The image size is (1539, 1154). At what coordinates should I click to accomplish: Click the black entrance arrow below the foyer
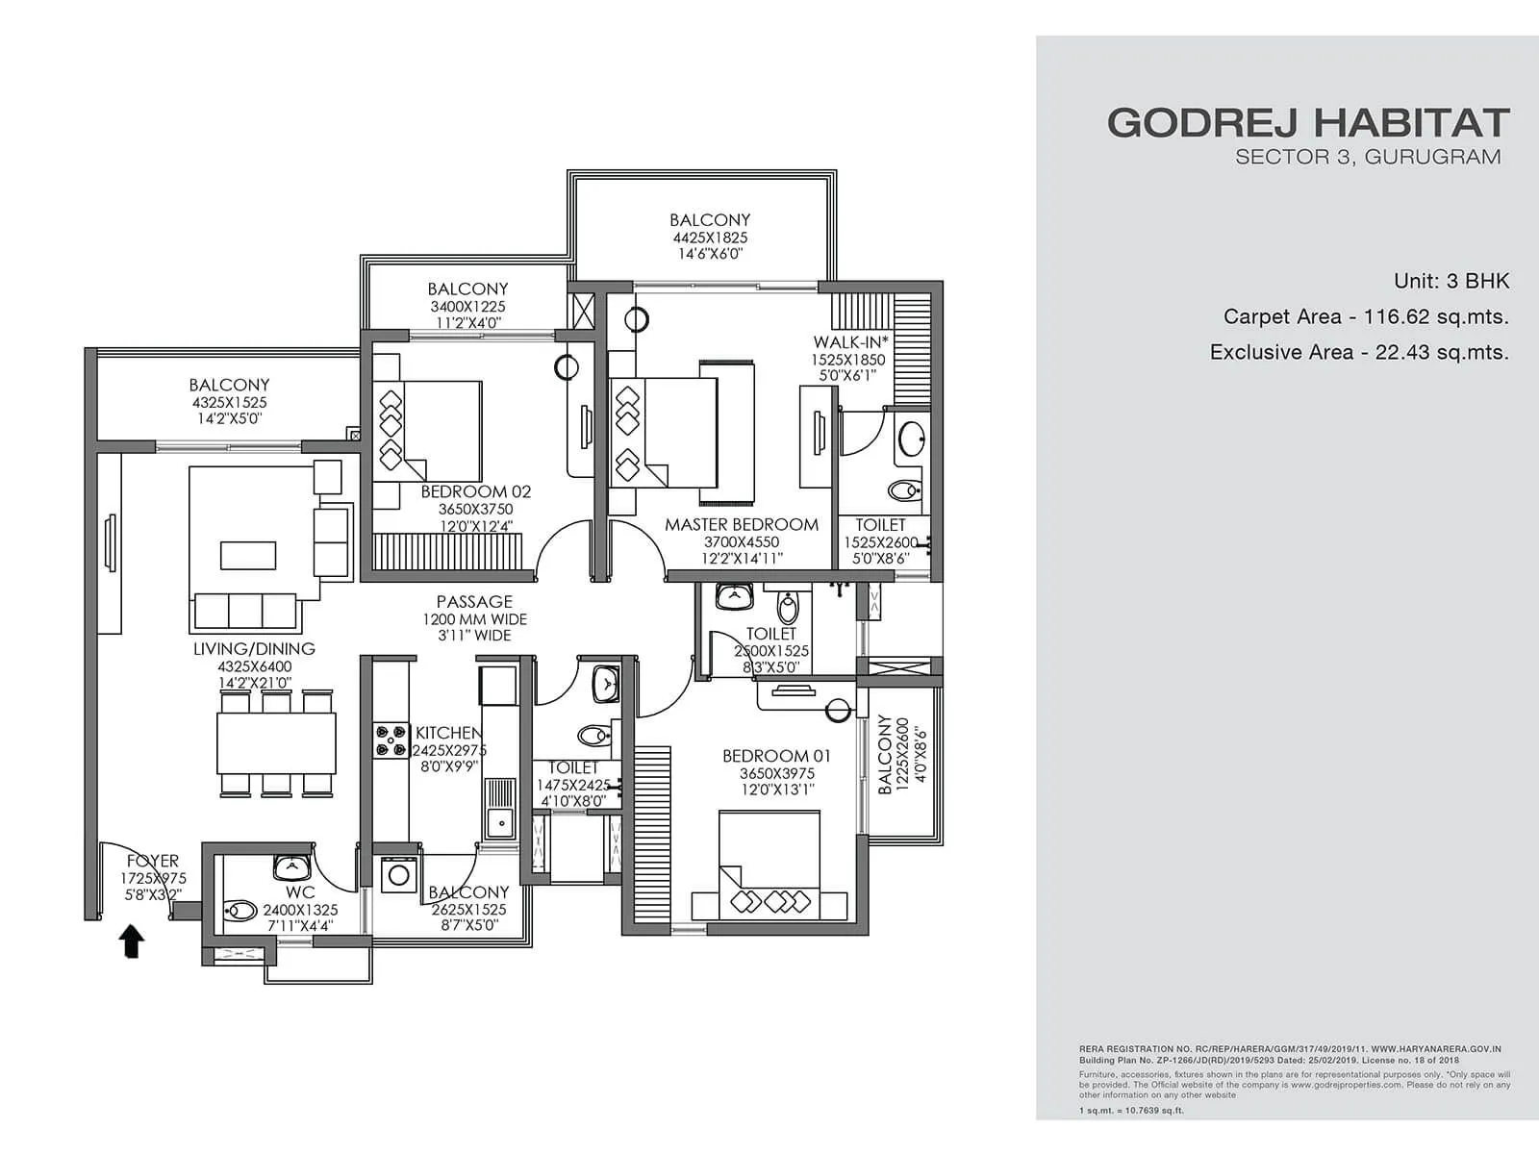[x=132, y=941]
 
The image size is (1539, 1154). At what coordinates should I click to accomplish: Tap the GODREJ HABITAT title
[x=1308, y=123]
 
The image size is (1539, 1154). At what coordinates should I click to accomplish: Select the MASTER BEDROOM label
[x=742, y=525]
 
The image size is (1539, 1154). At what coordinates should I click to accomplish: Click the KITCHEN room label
[x=447, y=733]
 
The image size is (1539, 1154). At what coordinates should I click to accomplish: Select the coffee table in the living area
[x=248, y=556]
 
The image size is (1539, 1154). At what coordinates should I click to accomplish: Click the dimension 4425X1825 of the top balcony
[x=710, y=238]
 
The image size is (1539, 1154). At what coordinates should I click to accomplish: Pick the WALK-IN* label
[x=850, y=342]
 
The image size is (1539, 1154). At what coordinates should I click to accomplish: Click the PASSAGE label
[x=474, y=602]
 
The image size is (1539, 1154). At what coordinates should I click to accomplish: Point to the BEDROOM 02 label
[x=475, y=492]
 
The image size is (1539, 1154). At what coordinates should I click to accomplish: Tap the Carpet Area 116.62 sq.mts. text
[x=1366, y=316]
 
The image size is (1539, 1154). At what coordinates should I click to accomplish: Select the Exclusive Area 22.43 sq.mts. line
[x=1359, y=352]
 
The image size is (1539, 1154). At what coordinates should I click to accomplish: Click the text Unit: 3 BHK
[x=1451, y=281]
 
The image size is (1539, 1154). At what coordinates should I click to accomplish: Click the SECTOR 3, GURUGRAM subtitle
[x=1368, y=157]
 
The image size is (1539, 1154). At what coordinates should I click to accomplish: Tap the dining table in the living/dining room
[x=276, y=742]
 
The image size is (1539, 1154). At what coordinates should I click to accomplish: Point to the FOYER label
[x=153, y=862]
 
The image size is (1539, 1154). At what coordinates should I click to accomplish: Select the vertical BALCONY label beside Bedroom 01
[x=885, y=755]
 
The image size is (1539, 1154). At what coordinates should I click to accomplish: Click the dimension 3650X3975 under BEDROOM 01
[x=776, y=773]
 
